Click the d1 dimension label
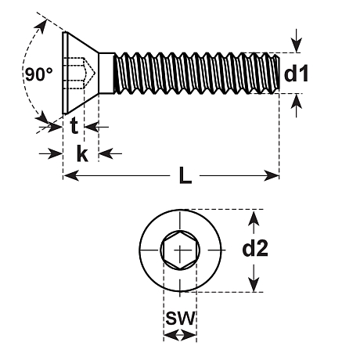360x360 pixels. tap(297, 74)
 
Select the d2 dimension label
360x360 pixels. tap(255, 250)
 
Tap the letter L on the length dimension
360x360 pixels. tap(185, 176)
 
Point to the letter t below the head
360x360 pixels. tap(74, 125)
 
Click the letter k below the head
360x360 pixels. tap(81, 153)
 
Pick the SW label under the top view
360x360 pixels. tap(180, 319)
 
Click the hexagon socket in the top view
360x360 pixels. tap(179, 250)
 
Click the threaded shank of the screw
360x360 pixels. tap(196, 74)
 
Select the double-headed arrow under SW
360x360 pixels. tap(180, 335)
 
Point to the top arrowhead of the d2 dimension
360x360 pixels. tap(254, 215)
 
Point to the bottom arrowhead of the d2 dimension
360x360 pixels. tap(254, 286)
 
